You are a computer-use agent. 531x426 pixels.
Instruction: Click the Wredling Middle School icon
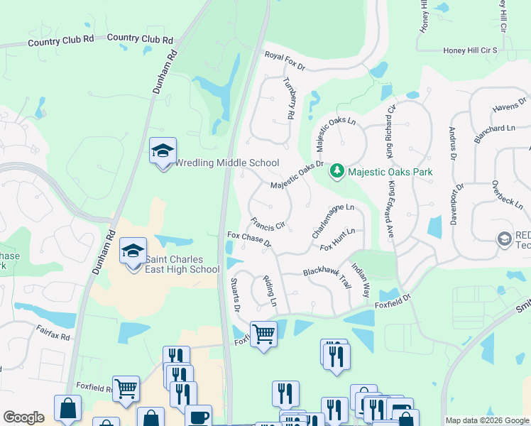pos(163,151)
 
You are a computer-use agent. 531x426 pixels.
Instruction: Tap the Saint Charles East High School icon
pos(133,252)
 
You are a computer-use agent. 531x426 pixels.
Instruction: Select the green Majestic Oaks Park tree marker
pos(337,171)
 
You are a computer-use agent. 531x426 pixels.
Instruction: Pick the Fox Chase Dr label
pos(249,239)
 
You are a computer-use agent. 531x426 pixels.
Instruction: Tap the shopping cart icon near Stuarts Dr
pos(263,332)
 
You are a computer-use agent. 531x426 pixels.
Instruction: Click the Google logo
pos(23,417)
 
